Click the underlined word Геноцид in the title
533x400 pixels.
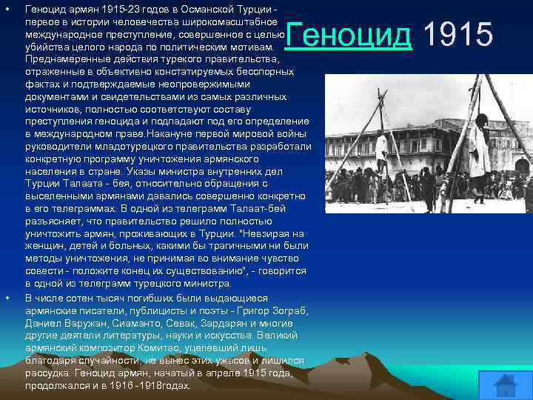[348, 35]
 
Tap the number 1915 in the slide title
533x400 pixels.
[458, 35]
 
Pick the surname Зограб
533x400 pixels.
[289, 310]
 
